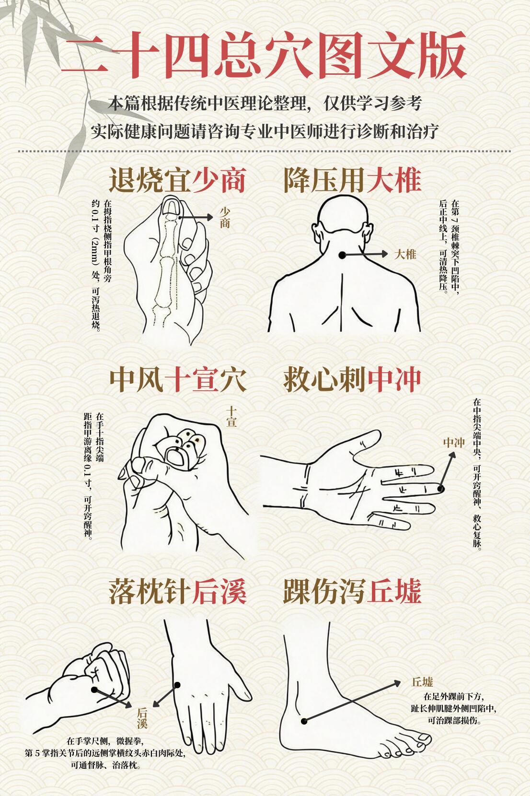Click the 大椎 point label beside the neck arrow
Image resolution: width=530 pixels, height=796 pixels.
pyautogui.click(x=405, y=254)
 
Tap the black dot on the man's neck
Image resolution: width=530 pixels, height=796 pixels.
pyautogui.click(x=343, y=255)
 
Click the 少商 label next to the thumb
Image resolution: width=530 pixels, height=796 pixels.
pyautogui.click(x=225, y=217)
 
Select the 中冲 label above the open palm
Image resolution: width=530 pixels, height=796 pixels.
pyautogui.click(x=453, y=443)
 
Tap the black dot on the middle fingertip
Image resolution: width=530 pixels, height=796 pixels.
pyautogui.click(x=441, y=488)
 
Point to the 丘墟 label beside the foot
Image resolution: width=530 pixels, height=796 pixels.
pyautogui.click(x=422, y=682)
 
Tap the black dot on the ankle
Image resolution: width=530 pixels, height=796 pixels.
pyautogui.click(x=304, y=721)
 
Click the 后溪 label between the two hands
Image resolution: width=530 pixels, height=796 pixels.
pyautogui.click(x=142, y=717)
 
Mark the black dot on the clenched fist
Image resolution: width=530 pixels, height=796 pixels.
pyautogui.click(x=94, y=690)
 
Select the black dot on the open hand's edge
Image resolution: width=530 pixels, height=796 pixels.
pyautogui.click(x=177, y=685)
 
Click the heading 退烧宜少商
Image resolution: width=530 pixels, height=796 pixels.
pyautogui.click(x=177, y=180)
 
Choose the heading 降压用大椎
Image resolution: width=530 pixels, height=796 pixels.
pyautogui.click(x=352, y=180)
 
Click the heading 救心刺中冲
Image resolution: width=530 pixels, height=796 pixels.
pyautogui.click(x=352, y=379)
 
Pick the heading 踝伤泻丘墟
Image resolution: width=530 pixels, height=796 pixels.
pyautogui.click(x=352, y=591)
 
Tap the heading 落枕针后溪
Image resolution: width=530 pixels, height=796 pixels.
pyautogui.click(x=177, y=591)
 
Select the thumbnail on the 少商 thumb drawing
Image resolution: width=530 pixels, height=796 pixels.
pyautogui.click(x=170, y=207)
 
